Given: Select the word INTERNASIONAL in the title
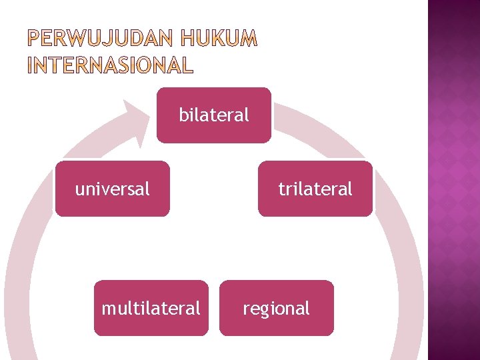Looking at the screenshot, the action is click(x=110, y=65).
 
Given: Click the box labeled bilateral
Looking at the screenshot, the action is click(x=214, y=115).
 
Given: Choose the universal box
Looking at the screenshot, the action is click(x=113, y=189).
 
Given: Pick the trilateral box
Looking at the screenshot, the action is click(x=315, y=189).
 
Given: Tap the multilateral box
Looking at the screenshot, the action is click(x=151, y=308).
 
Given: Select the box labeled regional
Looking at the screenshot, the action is click(x=276, y=308).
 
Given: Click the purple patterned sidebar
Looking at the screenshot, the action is click(x=453, y=180).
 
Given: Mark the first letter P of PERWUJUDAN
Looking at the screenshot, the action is click(x=34, y=41).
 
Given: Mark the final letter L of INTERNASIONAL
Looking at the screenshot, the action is click(x=187, y=65).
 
